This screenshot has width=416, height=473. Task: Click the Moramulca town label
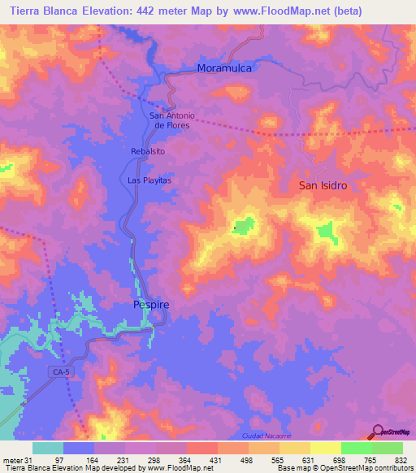[x=225, y=69]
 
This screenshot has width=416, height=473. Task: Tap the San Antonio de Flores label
[x=173, y=120]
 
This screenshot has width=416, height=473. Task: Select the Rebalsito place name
[x=147, y=151]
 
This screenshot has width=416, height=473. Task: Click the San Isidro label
[x=323, y=185]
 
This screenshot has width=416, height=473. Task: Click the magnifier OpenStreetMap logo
[x=378, y=432]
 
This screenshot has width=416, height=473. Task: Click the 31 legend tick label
[x=31, y=460]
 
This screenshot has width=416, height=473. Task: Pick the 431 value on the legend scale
[x=217, y=460]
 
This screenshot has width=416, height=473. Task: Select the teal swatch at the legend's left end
[x=48, y=448]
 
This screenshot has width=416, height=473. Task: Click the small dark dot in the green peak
[x=234, y=228]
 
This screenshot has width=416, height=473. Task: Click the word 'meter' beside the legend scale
[x=12, y=460]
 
